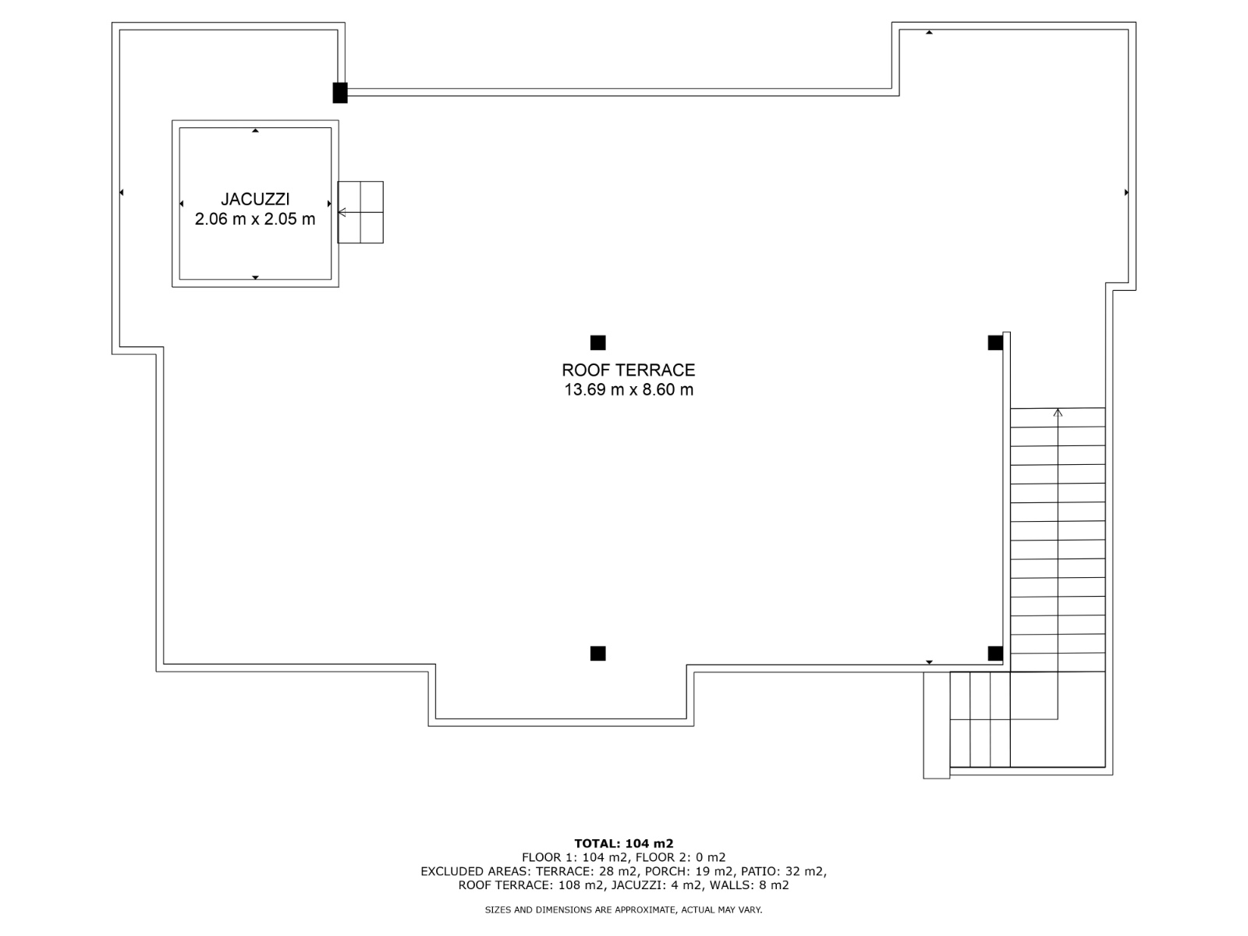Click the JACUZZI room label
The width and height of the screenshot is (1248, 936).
(255, 199)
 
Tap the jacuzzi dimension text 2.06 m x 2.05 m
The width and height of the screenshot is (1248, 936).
(255, 219)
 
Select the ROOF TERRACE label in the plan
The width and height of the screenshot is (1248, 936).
(628, 370)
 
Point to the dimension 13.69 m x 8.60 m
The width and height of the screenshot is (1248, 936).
(628, 390)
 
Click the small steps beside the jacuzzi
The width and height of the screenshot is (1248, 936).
(360, 212)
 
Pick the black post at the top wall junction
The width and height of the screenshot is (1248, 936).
(340, 93)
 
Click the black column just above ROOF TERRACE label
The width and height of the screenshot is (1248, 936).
(597, 342)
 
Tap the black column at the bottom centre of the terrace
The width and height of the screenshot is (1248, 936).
(597, 654)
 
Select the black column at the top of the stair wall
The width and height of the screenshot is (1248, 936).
(995, 342)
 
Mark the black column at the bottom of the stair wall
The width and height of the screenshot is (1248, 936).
(995, 654)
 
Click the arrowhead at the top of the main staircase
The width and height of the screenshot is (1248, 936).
(1058, 413)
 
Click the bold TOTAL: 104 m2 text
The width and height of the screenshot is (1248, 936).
(624, 843)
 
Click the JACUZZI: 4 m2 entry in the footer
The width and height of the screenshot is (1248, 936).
(656, 885)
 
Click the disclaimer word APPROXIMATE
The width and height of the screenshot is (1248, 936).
(645, 909)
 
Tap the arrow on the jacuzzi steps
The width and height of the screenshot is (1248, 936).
(349, 212)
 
